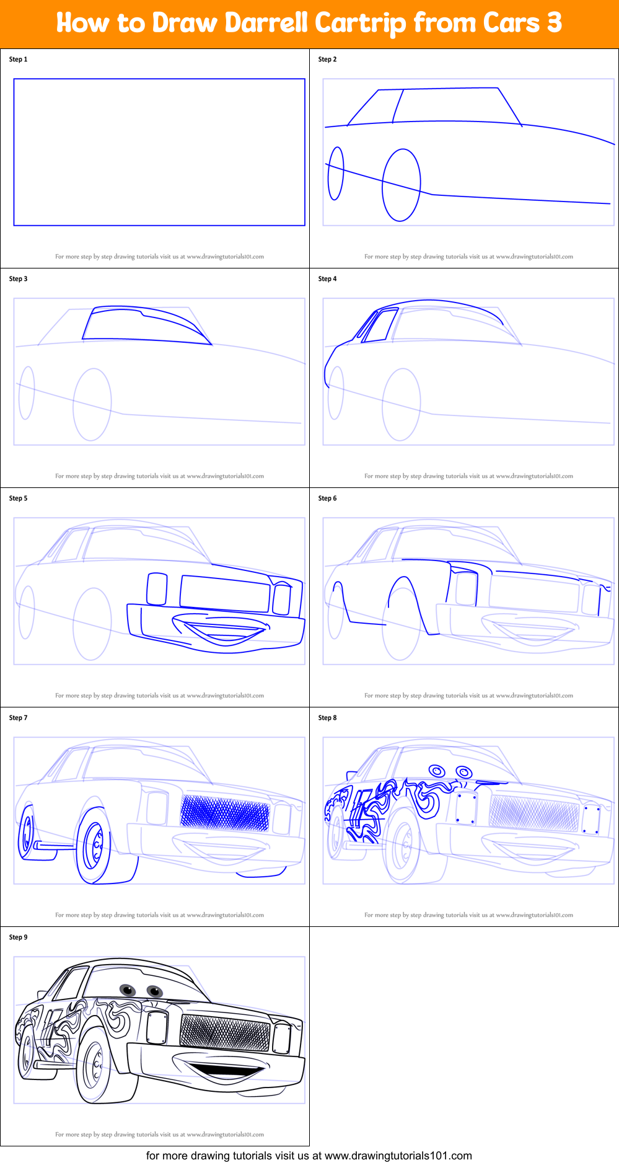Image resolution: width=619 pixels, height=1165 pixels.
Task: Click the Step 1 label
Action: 18,60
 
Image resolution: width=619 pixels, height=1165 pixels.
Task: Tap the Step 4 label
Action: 327,279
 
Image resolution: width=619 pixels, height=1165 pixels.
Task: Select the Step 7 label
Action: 18,718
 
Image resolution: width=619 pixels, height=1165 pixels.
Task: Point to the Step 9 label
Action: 18,937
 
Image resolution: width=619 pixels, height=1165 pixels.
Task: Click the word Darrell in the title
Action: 266,23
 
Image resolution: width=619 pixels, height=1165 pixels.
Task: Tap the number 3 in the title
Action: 554,23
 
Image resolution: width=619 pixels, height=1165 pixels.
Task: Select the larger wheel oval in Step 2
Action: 402,185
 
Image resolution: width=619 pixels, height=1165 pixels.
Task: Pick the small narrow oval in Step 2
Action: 336,174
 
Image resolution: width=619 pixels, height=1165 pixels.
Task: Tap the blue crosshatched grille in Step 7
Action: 225,813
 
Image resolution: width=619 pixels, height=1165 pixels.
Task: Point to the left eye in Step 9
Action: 128,989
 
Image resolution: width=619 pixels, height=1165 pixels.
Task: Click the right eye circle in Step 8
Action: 464,771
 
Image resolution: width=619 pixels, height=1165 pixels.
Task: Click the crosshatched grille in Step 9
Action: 225,1032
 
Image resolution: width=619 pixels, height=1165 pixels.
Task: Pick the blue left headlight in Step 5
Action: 157,589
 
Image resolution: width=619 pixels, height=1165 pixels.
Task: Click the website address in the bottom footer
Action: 398,1156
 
